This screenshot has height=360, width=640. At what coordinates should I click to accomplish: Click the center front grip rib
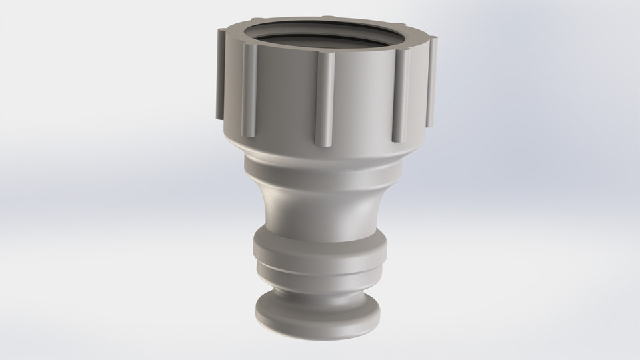point(325,100)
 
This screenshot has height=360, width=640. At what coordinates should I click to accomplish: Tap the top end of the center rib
point(325,57)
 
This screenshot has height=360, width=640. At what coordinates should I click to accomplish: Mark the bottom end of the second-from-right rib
point(397,138)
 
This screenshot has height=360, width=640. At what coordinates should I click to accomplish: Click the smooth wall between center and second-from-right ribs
point(363,100)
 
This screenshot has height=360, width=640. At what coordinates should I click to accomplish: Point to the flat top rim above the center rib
point(325,48)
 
